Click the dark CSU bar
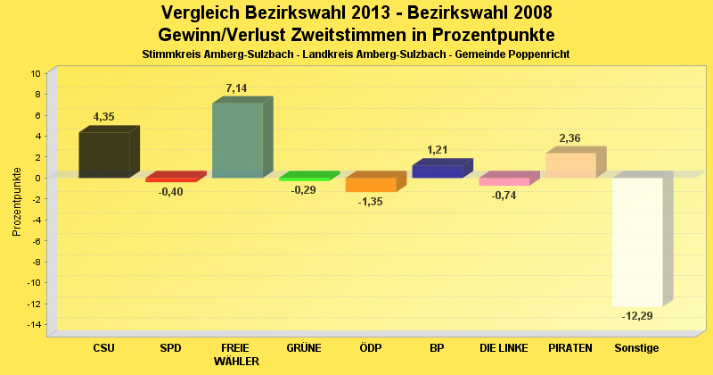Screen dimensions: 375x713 (x=104, y=154)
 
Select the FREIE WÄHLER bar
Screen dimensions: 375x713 (x=237, y=140)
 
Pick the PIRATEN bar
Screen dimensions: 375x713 (x=570, y=165)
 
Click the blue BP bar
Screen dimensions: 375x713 (x=438, y=171)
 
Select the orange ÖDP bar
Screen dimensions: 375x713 (x=371, y=184)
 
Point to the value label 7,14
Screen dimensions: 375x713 (x=237, y=88)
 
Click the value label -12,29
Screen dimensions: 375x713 (x=637, y=316)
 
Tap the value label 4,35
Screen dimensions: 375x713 (x=104, y=117)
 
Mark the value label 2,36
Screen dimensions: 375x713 (x=570, y=137)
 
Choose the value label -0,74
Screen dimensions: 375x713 (x=504, y=196)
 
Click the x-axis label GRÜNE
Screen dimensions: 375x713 (x=304, y=347)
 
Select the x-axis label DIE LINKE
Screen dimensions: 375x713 (x=504, y=347)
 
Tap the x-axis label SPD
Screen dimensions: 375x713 (x=170, y=347)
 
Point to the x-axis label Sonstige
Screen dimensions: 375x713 (x=637, y=347)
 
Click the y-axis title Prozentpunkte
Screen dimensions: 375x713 (x=17, y=201)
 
